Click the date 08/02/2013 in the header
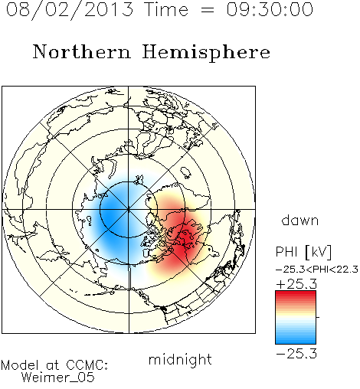70,10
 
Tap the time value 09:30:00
270,10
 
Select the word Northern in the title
82,51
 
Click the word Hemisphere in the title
206,53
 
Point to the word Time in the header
166,10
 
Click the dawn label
300,220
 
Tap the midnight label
180,359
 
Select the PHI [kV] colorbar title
303,252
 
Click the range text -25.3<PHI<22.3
317,270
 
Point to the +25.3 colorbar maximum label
296,284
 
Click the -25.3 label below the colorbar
296,354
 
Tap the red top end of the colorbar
296,293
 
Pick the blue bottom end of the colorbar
296,342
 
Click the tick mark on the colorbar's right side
318,317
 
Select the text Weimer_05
58,378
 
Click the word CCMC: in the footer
87,365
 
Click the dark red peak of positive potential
185,240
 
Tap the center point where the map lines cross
128,209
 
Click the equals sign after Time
208,10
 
